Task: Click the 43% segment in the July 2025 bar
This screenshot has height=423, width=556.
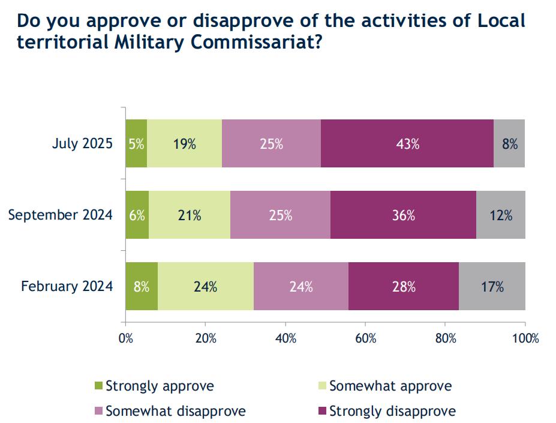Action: [x=407, y=143]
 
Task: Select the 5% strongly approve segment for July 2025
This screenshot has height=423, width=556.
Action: [x=136, y=143]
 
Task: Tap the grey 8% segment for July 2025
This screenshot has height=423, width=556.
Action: [x=509, y=143]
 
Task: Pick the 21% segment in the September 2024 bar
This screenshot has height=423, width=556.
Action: [x=190, y=215]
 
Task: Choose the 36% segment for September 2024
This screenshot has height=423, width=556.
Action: [x=403, y=215]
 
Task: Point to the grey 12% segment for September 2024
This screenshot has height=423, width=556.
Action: [x=500, y=215]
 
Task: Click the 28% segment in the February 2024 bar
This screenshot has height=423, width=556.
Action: [x=403, y=286]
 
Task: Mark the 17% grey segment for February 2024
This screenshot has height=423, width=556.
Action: [x=492, y=286]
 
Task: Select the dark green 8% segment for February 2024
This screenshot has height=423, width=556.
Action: [x=142, y=286]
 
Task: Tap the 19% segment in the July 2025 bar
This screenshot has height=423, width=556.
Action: [x=184, y=143]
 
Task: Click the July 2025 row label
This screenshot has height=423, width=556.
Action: [x=83, y=144]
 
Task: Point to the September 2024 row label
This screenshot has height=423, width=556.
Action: [x=60, y=215]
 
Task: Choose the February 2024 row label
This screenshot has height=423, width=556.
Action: [x=67, y=287]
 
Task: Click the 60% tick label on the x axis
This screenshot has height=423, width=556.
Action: [x=365, y=338]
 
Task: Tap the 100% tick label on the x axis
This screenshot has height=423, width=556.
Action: [x=525, y=338]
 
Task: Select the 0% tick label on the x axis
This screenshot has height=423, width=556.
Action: [x=126, y=338]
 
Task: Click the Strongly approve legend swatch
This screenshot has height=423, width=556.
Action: [x=100, y=386]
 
